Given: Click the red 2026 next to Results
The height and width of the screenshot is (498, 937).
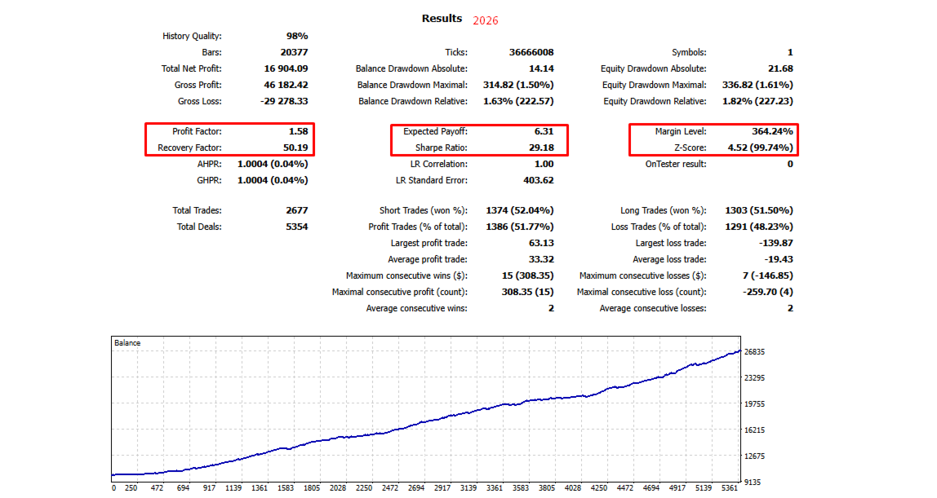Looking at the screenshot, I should click(485, 20).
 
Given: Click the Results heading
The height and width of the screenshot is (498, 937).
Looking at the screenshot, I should click(442, 18).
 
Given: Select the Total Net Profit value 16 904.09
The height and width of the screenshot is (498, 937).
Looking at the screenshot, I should click(281, 68).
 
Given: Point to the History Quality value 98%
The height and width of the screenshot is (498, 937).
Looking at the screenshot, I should click(296, 36).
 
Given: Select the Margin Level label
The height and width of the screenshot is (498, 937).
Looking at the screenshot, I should click(680, 131).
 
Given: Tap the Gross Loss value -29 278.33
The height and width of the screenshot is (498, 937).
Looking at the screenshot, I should click(279, 101).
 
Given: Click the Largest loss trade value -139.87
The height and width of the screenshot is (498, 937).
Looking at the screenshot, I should click(773, 243).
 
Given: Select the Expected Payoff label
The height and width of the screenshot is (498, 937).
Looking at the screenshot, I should click(435, 131).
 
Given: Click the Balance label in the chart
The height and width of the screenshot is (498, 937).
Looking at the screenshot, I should click(127, 343).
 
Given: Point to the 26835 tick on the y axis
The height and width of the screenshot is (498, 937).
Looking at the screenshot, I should click(760, 352).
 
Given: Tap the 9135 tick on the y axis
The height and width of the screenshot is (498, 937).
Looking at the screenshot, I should click(757, 482).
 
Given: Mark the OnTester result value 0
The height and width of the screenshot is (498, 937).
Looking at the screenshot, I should click(789, 164).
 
